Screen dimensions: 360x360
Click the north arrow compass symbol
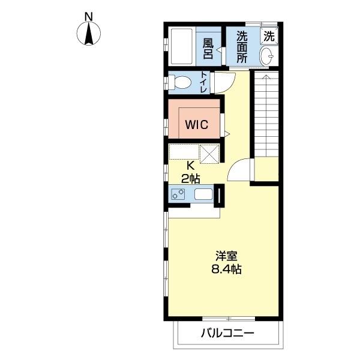(x=88, y=34)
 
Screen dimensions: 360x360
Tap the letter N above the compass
(x=89, y=17)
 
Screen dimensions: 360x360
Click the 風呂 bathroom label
(x=208, y=48)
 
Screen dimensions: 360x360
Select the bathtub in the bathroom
(x=182, y=47)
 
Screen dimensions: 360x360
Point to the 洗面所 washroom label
(x=242, y=47)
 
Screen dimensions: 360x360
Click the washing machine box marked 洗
(x=269, y=36)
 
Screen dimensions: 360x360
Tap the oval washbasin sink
(x=266, y=56)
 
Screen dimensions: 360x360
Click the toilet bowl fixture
(x=180, y=82)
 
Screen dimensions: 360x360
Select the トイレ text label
(x=203, y=82)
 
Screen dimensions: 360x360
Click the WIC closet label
(x=197, y=124)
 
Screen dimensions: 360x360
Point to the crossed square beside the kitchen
(x=209, y=154)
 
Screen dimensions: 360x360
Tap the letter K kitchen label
(x=190, y=166)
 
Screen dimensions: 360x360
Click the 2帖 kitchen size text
(x=190, y=178)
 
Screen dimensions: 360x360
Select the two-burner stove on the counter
(x=178, y=194)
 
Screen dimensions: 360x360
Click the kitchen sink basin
(x=203, y=194)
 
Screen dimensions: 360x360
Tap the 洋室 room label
(x=226, y=256)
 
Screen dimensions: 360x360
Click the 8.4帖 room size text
(x=226, y=269)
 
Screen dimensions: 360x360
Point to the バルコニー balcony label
(x=228, y=333)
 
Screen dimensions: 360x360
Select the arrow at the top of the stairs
(x=266, y=79)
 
